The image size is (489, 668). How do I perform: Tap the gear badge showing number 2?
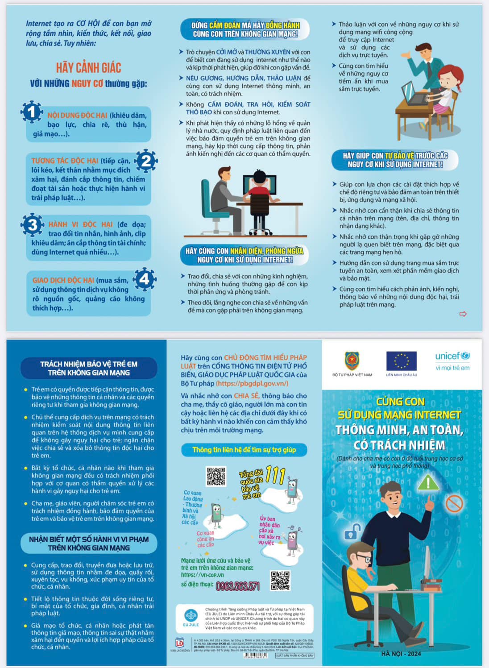pyautogui.click(x=146, y=161)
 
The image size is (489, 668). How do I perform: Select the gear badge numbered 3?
pyautogui.click(x=33, y=225)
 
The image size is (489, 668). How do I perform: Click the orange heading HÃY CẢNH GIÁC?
pyautogui.click(x=88, y=68)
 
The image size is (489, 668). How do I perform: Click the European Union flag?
pyautogui.click(x=401, y=361)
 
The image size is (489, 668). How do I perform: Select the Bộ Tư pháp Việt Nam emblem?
pyautogui.click(x=352, y=361)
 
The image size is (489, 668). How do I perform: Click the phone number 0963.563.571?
pyautogui.click(x=237, y=586)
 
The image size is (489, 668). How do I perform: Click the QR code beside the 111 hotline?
pyautogui.click(x=216, y=476)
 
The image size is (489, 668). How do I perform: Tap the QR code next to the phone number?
pyautogui.click(x=280, y=581)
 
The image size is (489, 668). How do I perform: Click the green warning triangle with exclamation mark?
pyautogui.click(x=428, y=482)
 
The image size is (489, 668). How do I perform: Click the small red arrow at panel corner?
pyautogui.click(x=463, y=314)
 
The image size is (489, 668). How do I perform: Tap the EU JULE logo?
pyautogui.click(x=191, y=618)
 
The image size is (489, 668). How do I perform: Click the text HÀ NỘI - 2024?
pyautogui.click(x=401, y=654)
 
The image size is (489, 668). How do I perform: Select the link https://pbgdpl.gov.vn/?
pyautogui.click(x=252, y=383)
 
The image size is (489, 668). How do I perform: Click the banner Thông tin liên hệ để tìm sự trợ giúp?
pyautogui.click(x=244, y=450)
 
